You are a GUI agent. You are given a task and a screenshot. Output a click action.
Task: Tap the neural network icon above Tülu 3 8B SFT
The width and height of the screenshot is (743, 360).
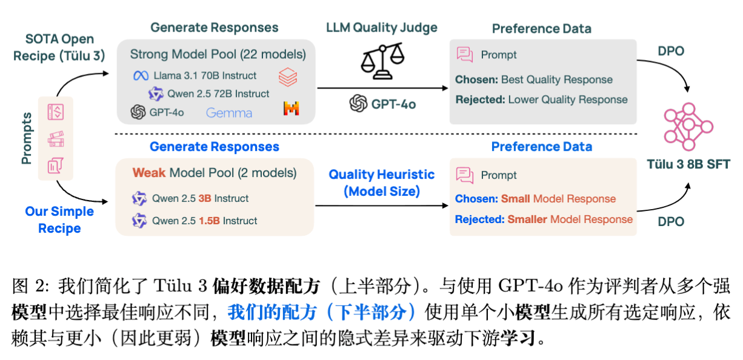click(x=687, y=126)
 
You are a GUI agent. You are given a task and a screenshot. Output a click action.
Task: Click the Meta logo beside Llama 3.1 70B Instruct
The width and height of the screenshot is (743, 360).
click(x=141, y=76)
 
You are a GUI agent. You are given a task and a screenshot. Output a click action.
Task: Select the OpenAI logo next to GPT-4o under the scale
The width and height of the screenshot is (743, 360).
click(x=359, y=104)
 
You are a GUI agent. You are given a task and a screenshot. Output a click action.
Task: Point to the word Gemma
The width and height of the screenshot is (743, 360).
click(x=229, y=113)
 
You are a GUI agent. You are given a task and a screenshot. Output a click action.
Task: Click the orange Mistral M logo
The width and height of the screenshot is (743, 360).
click(x=292, y=109)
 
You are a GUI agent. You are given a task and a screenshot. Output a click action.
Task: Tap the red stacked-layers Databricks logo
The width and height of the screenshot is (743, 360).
click(x=288, y=77)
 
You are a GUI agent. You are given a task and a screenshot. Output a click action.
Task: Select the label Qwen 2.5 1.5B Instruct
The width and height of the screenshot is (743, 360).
click(x=205, y=221)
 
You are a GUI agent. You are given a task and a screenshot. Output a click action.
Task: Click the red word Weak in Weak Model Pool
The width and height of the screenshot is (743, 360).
click(x=149, y=173)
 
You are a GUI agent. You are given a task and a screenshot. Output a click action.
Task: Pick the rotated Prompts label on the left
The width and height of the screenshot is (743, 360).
click(x=27, y=138)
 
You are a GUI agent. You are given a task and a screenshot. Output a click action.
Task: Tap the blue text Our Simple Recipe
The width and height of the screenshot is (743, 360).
click(x=59, y=220)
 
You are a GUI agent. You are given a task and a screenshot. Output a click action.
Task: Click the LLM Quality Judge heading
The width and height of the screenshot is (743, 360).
click(x=382, y=28)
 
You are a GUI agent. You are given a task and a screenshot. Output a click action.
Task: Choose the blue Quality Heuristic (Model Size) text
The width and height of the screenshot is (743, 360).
click(x=382, y=182)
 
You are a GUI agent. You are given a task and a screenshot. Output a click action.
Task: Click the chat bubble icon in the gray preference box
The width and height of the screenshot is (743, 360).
click(x=465, y=55)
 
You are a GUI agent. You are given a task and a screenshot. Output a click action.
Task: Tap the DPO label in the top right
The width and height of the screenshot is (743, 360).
click(x=671, y=52)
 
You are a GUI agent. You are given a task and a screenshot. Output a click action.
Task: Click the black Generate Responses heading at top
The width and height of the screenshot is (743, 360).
click(x=214, y=27)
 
